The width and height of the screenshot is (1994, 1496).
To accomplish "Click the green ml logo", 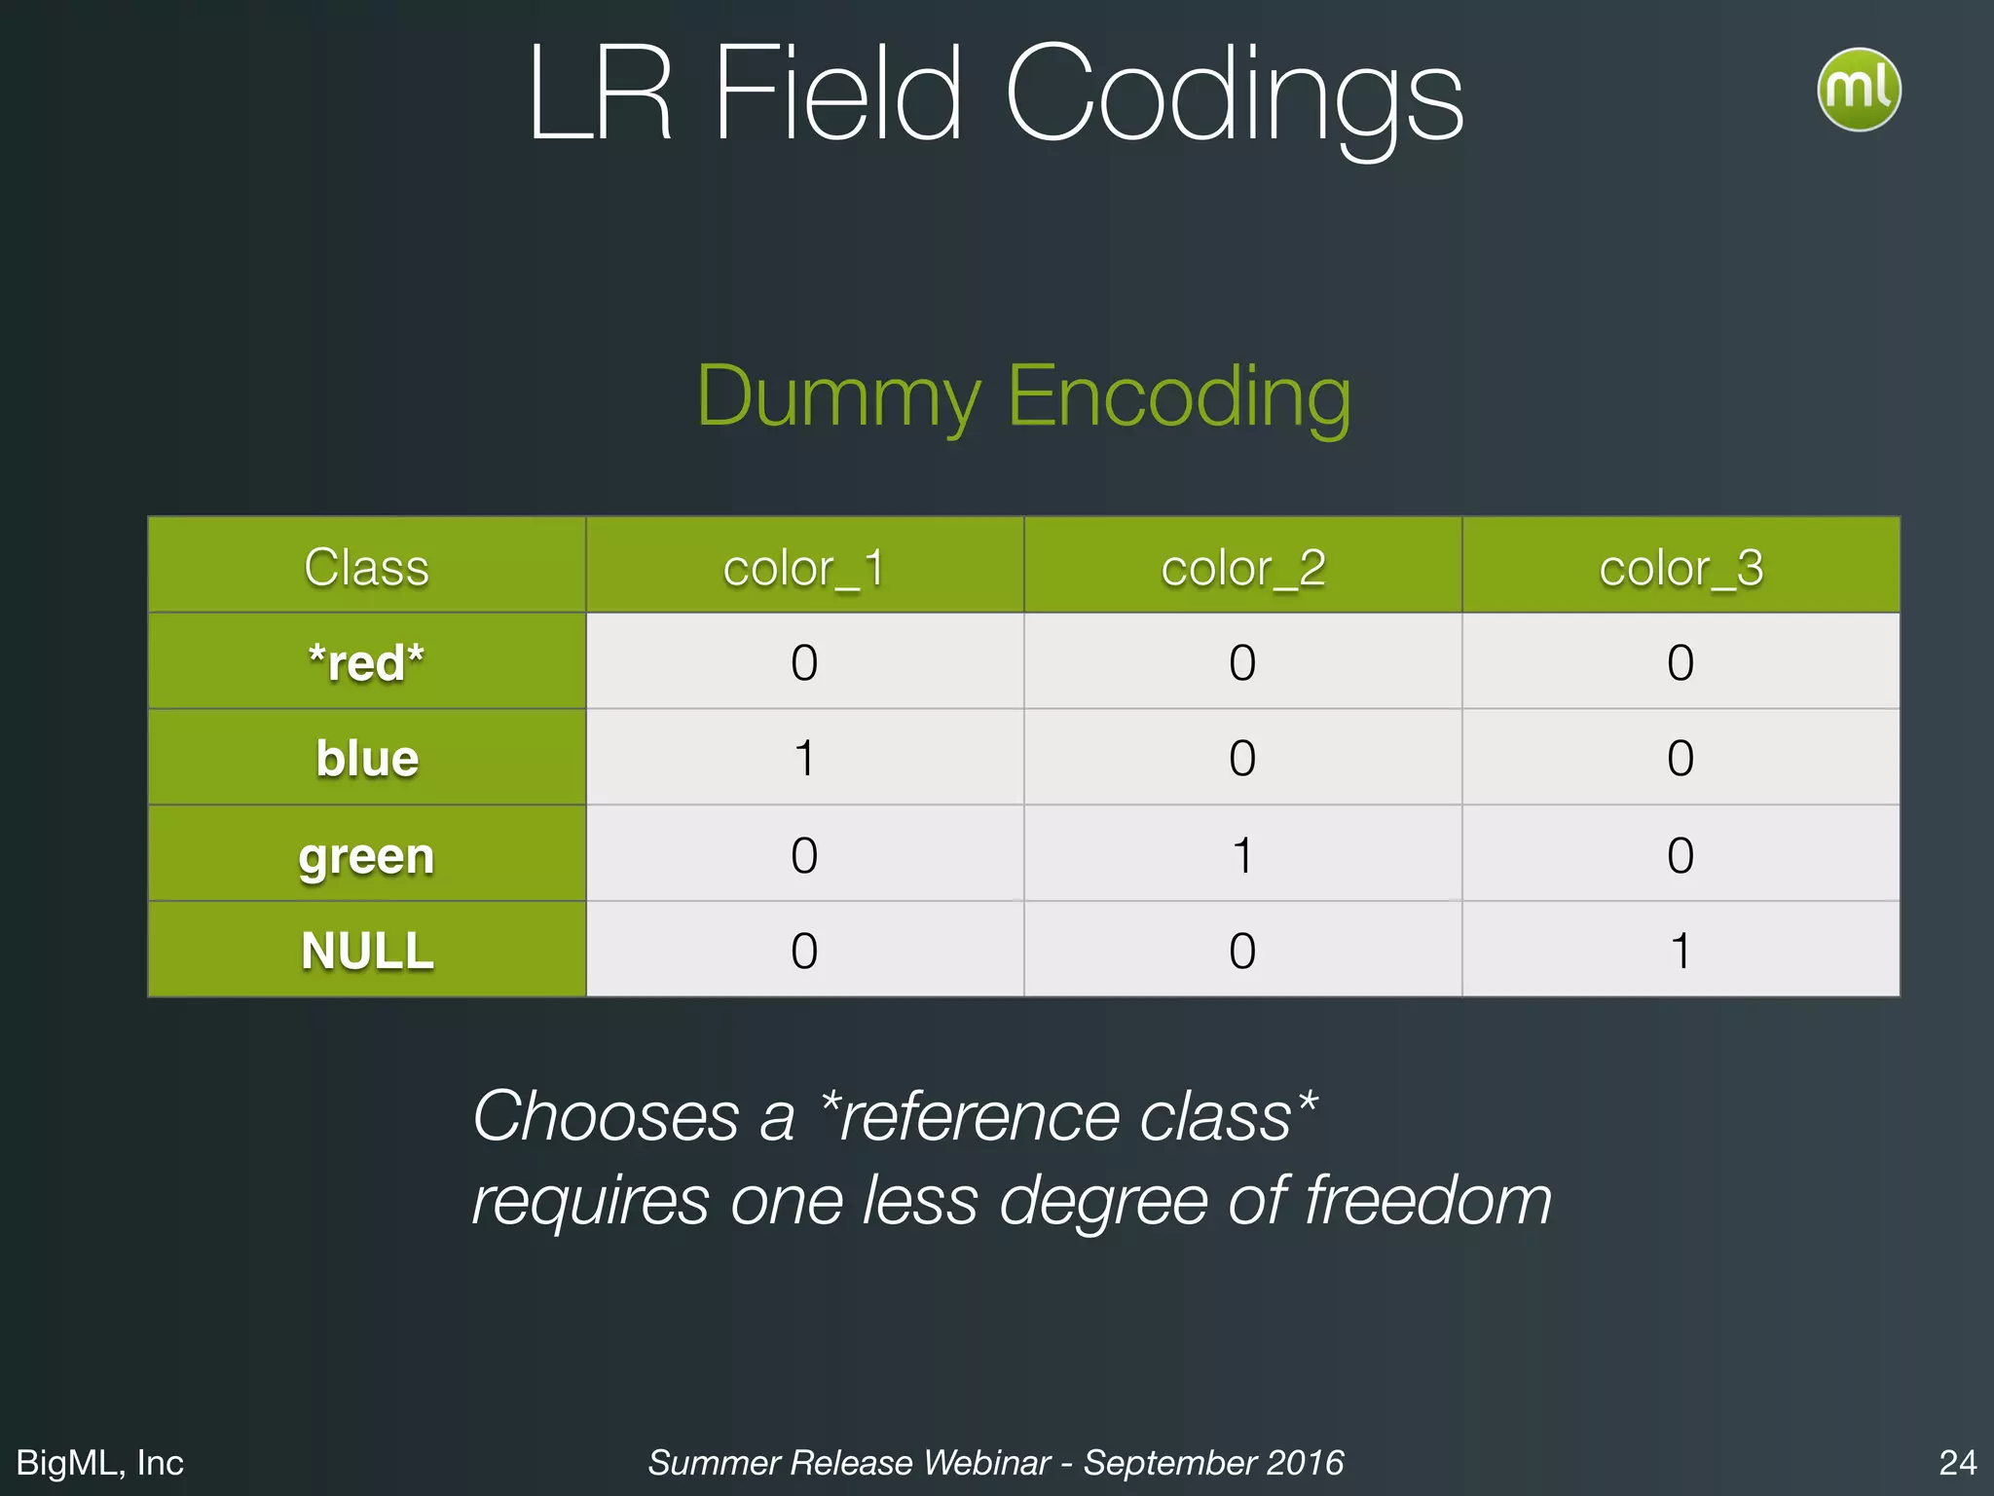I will (1858, 90).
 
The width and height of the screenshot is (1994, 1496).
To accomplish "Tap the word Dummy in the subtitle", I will (838, 397).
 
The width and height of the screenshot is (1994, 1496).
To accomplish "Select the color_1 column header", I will (804, 568).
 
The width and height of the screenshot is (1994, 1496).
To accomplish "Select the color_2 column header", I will (1242, 568).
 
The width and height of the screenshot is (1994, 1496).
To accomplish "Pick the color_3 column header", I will (1680, 568).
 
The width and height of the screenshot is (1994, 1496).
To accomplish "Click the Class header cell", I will (366, 568).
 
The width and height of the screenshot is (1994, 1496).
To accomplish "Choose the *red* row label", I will (366, 663).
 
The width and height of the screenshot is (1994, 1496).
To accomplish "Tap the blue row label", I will (366, 759).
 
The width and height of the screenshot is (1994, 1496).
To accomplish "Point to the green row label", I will (366, 856).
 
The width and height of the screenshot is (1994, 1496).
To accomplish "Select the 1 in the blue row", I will (804, 759).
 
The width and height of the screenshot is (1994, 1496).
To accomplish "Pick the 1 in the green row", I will (1242, 856).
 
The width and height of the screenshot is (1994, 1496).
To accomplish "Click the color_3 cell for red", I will (1680, 663).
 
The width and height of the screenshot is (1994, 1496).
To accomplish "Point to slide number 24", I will (1957, 1462).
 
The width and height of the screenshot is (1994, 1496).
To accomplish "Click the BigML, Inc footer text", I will (100, 1462).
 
